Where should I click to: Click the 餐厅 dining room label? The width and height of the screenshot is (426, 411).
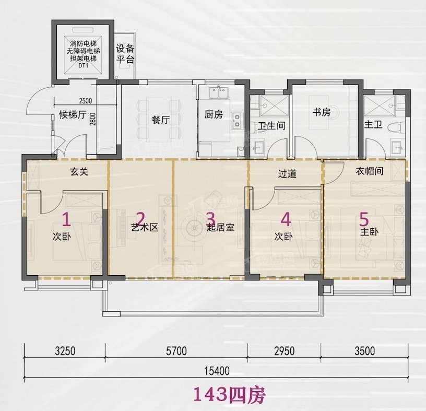pos(161,120)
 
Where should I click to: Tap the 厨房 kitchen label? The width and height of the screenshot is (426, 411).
pos(214,114)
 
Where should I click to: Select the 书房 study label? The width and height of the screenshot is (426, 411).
pos(322,112)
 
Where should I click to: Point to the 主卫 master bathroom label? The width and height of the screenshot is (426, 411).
pos(373,124)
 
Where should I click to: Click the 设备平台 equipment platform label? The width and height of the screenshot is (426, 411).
pos(125,54)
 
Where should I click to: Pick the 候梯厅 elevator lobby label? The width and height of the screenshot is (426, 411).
pos(73,114)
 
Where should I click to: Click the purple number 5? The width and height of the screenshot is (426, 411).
pos(364,219)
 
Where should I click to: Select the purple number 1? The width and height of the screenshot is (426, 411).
pos(67,220)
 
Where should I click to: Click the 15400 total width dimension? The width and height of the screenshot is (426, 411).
pos(217,371)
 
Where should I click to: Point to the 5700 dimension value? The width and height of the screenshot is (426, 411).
pos(176,351)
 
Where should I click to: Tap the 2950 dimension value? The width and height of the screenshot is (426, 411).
pos(284,351)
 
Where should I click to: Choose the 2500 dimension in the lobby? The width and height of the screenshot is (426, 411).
pos(85,101)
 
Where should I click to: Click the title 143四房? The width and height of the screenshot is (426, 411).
pos(229,395)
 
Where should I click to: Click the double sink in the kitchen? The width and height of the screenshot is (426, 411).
pos(218,92)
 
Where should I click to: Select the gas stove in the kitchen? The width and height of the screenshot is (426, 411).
pos(236,121)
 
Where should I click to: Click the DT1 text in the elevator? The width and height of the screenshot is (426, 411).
pos(84,65)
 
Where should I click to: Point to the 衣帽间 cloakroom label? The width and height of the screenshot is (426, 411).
pos(370,171)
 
